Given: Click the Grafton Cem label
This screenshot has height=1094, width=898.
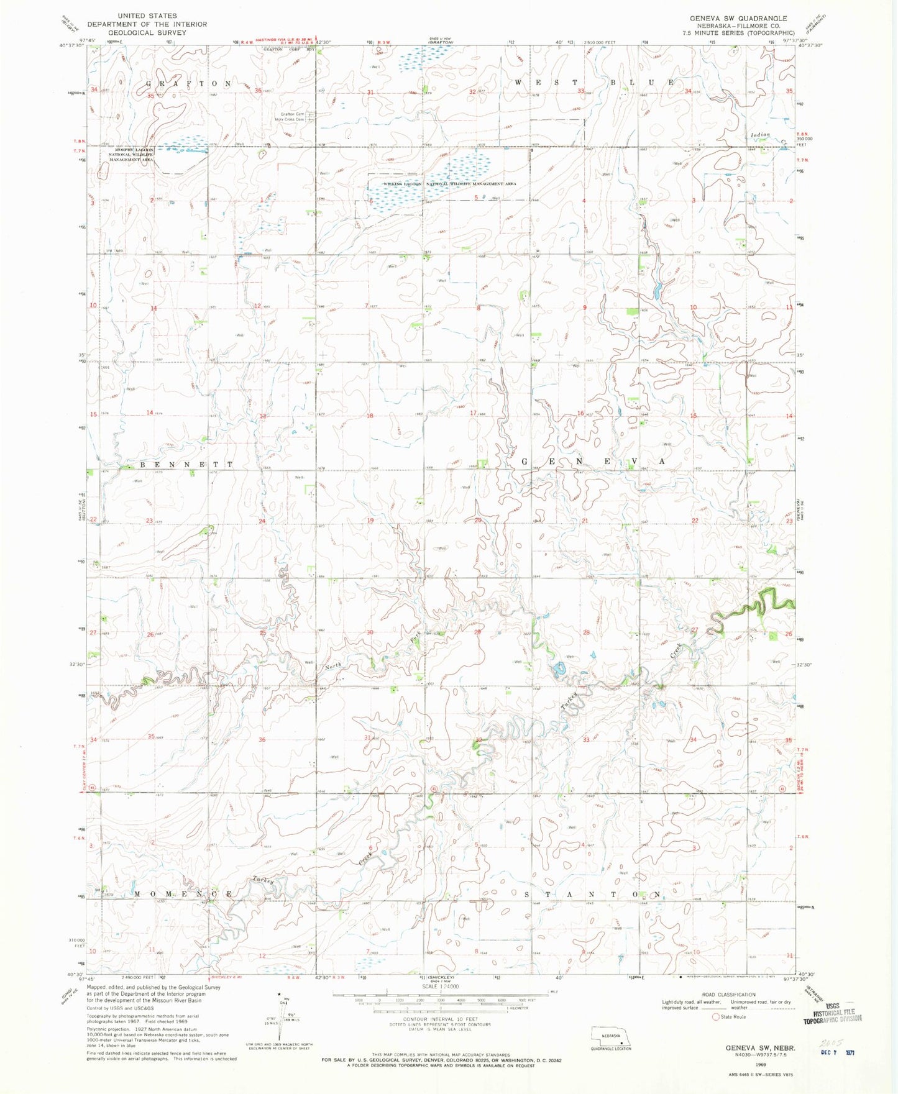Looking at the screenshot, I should point(291,114).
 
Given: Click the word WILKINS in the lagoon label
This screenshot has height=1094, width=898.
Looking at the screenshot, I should point(393,185).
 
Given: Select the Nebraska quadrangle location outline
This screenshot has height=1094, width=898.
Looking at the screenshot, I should point(610,1037).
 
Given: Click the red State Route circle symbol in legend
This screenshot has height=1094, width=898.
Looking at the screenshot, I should point(716,1017).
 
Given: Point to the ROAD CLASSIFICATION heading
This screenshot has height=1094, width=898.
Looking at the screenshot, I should point(729,995).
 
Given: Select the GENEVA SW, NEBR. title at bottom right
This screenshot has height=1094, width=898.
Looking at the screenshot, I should point(761,1047).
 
